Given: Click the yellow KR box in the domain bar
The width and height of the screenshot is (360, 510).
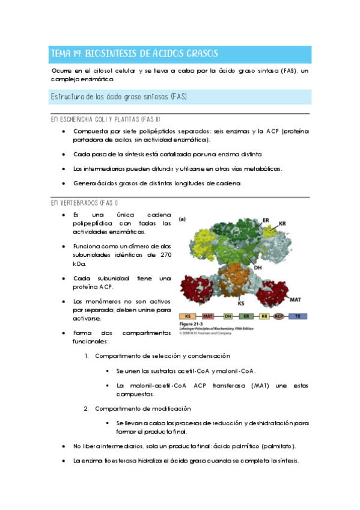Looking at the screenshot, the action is (x=264, y=315).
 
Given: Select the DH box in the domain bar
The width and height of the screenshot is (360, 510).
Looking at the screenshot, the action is (x=228, y=315).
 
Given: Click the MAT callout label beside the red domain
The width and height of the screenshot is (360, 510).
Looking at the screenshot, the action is (x=295, y=299).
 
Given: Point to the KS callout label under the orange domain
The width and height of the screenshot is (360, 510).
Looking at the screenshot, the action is (x=240, y=304).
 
